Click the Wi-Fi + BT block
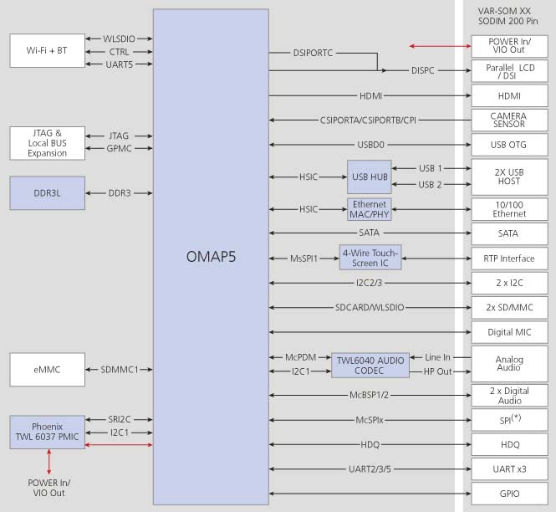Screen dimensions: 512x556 coord(48,51)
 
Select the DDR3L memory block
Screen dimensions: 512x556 coord(48,192)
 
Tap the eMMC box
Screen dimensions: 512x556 coord(48,369)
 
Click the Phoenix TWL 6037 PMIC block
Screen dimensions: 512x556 coord(48,432)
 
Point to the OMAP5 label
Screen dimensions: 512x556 coord(211,257)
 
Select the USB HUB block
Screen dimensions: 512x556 coord(370,177)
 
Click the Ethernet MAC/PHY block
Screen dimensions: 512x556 coord(370,209)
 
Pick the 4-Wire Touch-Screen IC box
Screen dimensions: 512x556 coord(370,257)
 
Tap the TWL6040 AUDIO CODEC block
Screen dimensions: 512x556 coord(369,365)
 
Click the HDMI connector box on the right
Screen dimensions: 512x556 coord(508,96)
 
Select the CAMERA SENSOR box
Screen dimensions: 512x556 coord(508,120)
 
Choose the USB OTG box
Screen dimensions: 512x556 coord(508,145)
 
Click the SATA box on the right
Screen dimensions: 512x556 coord(508,233)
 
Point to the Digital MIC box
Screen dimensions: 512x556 coord(508,332)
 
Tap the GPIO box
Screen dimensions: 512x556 coord(508,494)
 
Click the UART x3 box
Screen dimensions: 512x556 coord(508,468)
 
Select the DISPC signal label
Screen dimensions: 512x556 coord(423,71)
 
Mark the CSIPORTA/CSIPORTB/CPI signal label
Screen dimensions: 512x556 coord(368,120)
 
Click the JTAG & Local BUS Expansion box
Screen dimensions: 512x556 coord(48,142)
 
